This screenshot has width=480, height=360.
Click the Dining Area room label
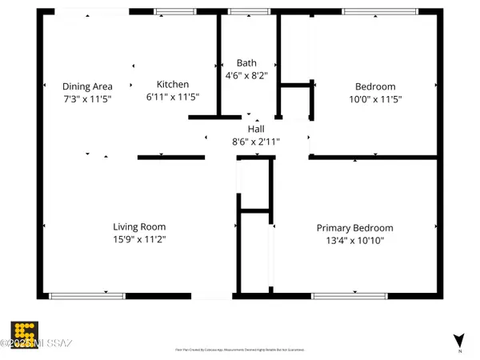87,86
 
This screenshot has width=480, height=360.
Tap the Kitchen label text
173,84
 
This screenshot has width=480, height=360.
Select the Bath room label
246,62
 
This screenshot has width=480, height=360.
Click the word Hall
256,129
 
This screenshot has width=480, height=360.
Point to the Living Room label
139,226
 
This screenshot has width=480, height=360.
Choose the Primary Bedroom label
354,227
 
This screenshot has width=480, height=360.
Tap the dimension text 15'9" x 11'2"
139,239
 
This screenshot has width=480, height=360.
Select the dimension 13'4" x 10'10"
354,240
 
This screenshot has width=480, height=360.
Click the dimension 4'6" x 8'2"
246,75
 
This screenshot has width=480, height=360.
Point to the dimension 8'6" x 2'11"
256,142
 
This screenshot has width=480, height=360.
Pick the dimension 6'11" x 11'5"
173,97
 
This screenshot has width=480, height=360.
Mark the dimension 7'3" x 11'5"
87,99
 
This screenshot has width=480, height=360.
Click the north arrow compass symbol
458,340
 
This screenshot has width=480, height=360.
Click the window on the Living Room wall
86,296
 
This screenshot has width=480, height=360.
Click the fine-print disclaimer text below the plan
240,350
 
